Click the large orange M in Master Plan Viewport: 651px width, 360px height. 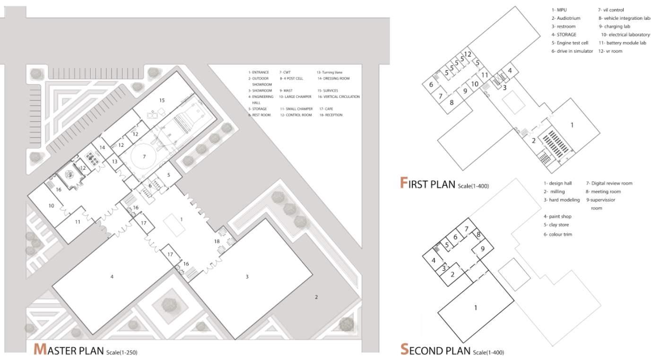pos(40,349)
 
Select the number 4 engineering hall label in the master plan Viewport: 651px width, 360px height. pos(112,276)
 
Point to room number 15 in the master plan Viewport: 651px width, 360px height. pos(162,100)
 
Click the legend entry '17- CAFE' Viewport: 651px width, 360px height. pos(326,109)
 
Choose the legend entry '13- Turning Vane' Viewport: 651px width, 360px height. pos(330,72)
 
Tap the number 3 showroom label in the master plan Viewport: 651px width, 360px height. pos(247,276)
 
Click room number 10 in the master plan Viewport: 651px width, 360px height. pos(51,206)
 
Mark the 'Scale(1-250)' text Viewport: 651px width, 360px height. pos(122,352)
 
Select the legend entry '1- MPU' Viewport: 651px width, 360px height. pos(559,9)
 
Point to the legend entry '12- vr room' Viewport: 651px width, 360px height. pos(610,51)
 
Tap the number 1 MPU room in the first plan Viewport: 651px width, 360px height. pos(572,125)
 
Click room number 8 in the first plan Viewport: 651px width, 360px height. pos(451,102)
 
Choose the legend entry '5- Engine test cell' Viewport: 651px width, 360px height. pos(570,43)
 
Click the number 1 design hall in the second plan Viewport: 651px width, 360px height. pos(476,308)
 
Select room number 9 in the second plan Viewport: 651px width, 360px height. pos(482,249)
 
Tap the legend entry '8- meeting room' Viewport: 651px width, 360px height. pos(603,191)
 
